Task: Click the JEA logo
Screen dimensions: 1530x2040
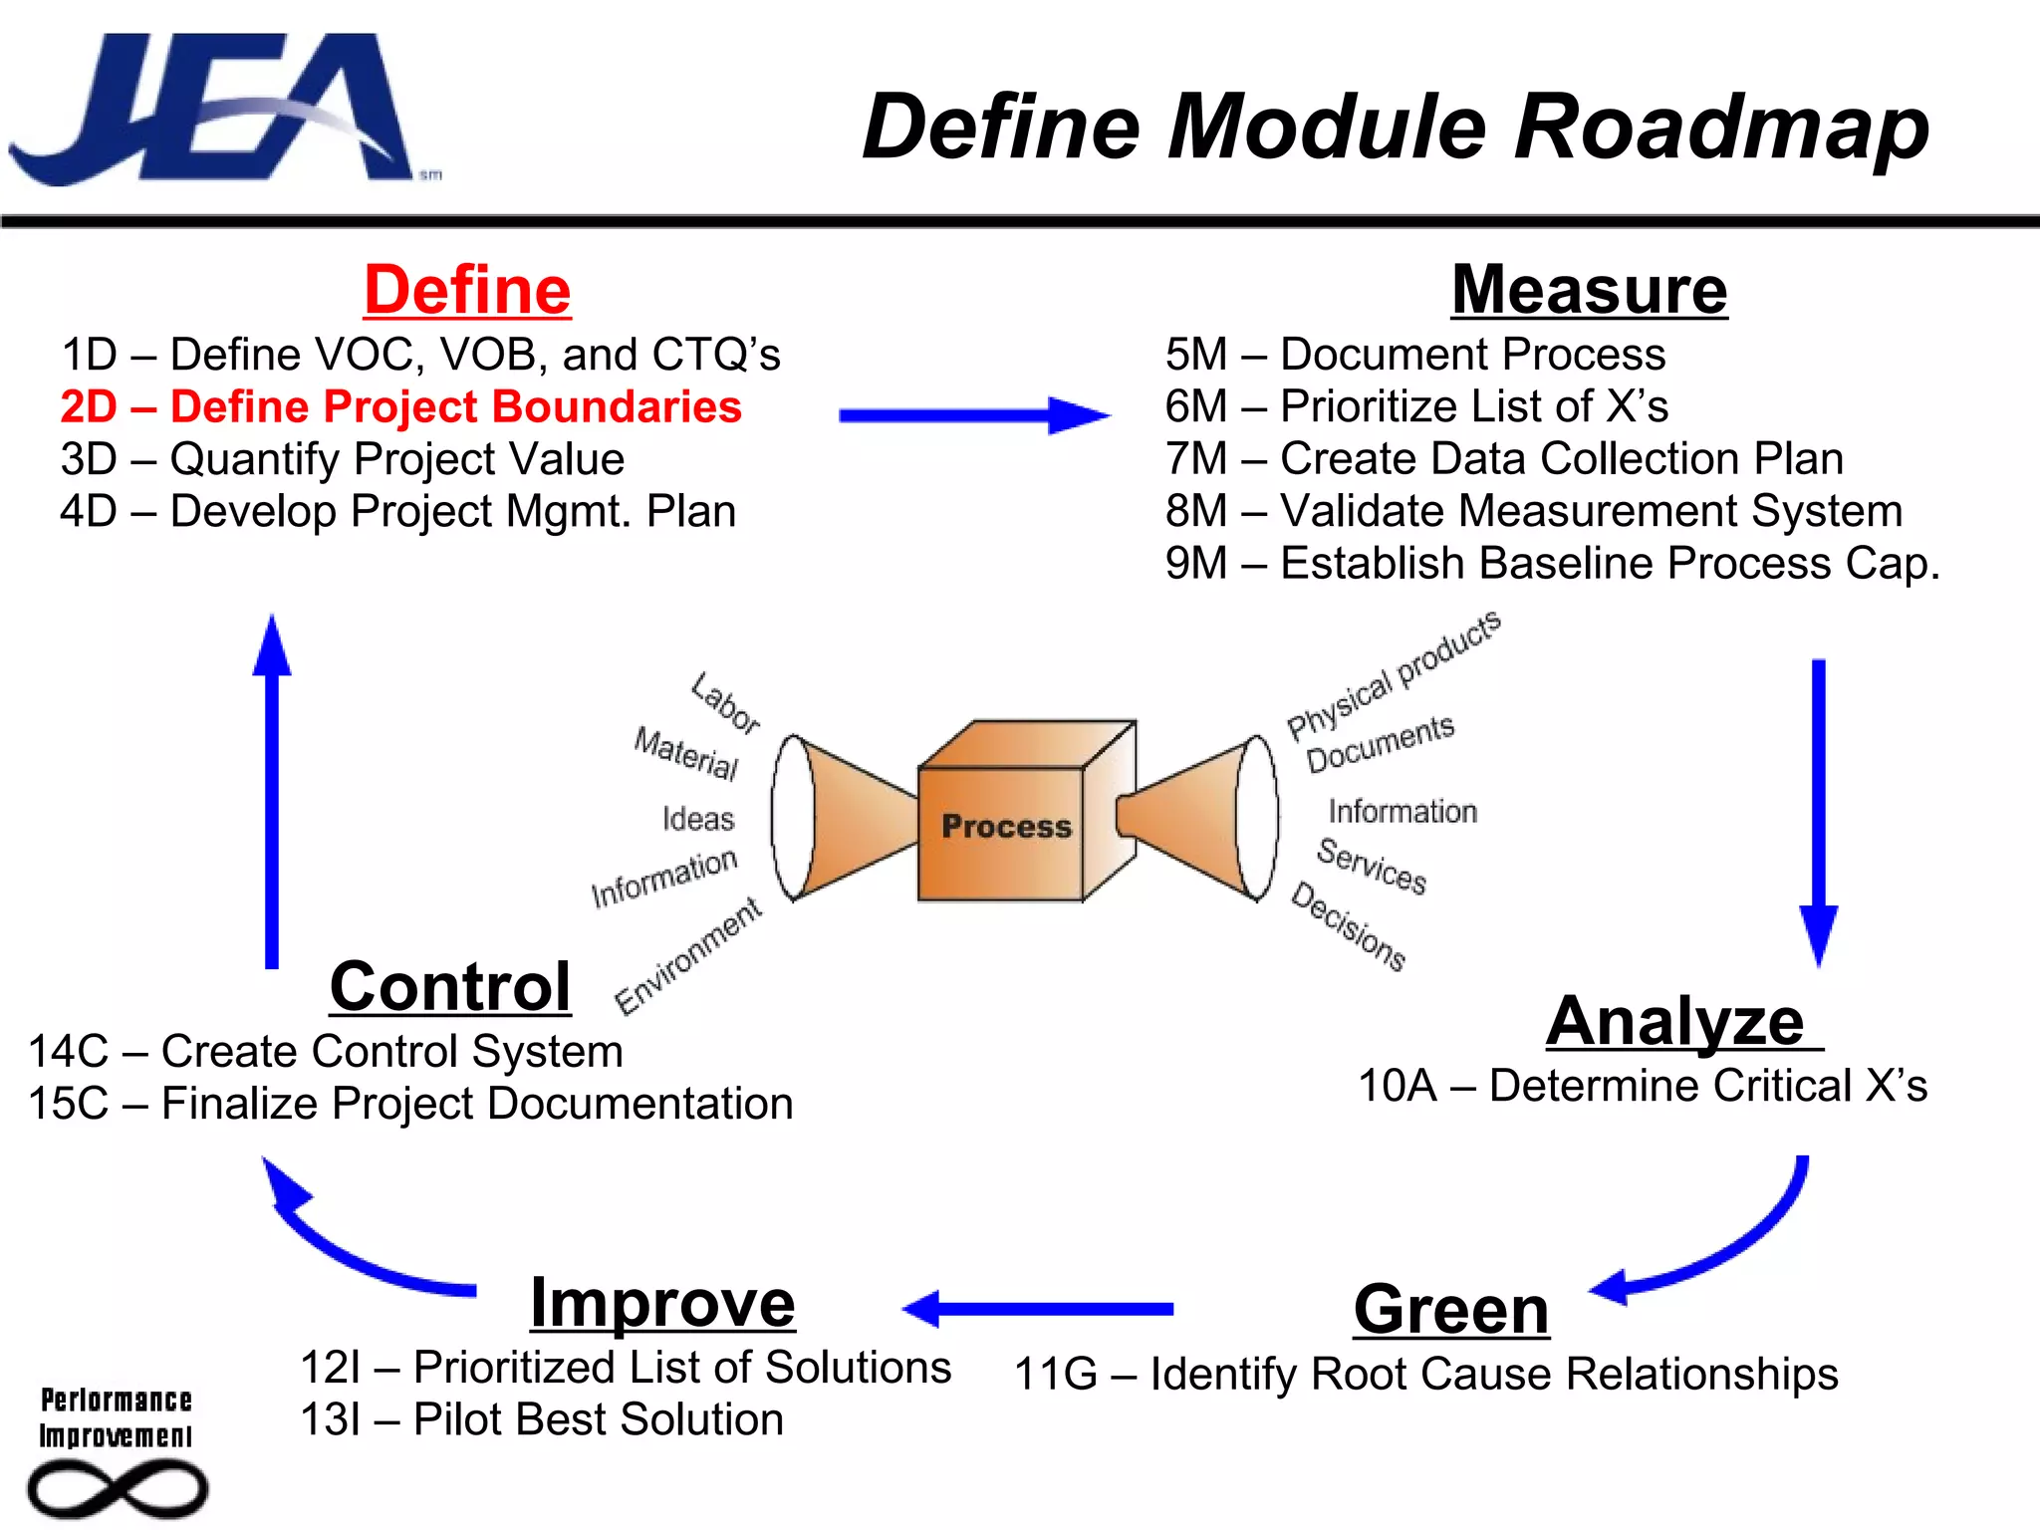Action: (x=214, y=110)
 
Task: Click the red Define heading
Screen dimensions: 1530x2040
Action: (x=467, y=290)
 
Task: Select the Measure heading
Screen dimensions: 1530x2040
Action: (x=1589, y=290)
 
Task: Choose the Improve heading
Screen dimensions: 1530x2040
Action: (x=662, y=1303)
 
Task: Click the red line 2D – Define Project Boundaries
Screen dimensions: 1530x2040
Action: (x=400, y=406)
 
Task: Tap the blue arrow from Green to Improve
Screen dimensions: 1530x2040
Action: (x=1036, y=1309)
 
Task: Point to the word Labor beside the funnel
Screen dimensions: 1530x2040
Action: (x=726, y=703)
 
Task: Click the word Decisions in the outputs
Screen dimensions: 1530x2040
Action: (x=1348, y=925)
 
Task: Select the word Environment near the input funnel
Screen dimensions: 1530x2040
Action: (x=688, y=955)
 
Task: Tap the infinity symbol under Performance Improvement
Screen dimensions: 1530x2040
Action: (x=118, y=1489)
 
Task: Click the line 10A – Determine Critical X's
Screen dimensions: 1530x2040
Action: (x=1642, y=1086)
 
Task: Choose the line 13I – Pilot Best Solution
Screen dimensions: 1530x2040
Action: (x=542, y=1419)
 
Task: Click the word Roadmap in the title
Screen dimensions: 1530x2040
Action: (x=1721, y=127)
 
